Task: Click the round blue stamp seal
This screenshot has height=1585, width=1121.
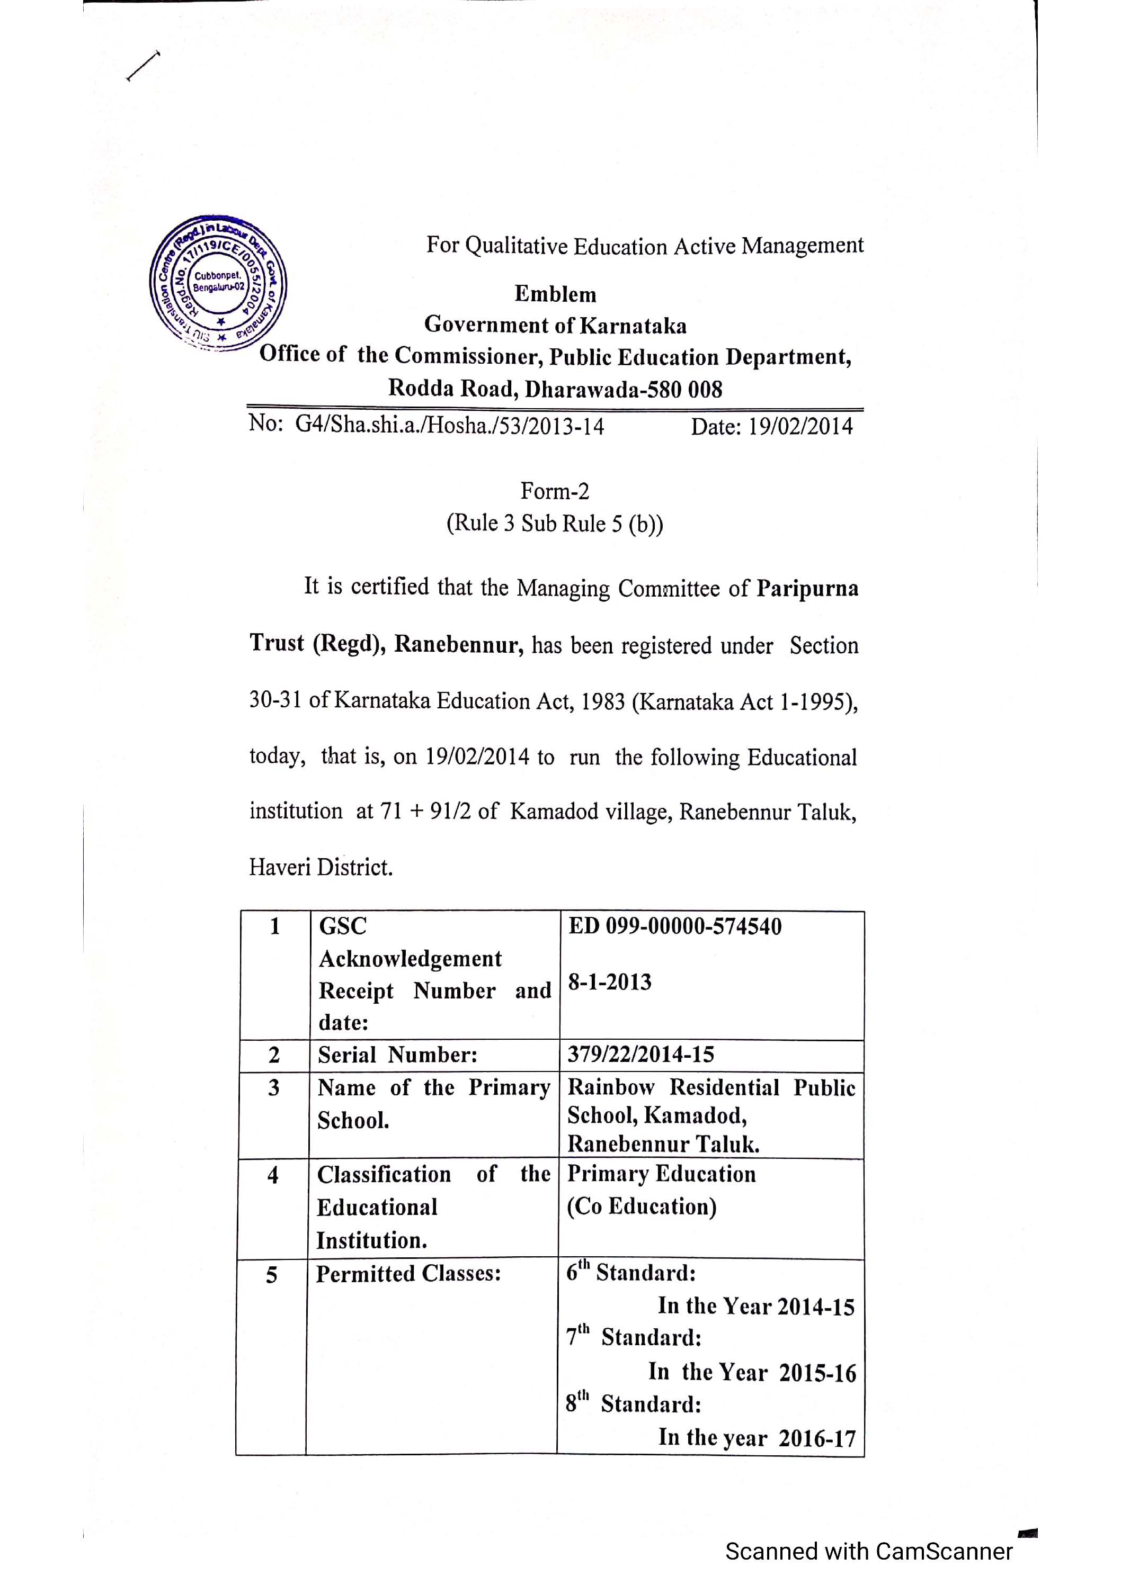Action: point(218,283)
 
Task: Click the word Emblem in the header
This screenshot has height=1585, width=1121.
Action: point(555,294)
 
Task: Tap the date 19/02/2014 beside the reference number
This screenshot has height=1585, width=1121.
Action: point(801,426)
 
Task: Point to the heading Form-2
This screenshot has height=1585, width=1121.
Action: point(555,491)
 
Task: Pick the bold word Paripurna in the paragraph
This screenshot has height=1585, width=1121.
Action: point(807,588)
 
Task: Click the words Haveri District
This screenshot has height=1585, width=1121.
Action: point(321,867)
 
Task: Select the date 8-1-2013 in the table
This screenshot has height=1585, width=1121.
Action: point(609,981)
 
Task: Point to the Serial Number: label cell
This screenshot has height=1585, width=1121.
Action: point(397,1055)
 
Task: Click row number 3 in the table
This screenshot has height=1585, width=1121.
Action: point(273,1088)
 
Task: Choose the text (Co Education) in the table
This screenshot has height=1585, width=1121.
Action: point(642,1206)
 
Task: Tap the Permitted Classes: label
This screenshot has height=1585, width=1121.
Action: point(408,1274)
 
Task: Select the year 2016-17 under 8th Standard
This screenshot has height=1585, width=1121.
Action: point(817,1438)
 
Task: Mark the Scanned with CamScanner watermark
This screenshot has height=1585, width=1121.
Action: point(868,1551)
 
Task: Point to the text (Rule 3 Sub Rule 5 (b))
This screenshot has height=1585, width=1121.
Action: point(555,523)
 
